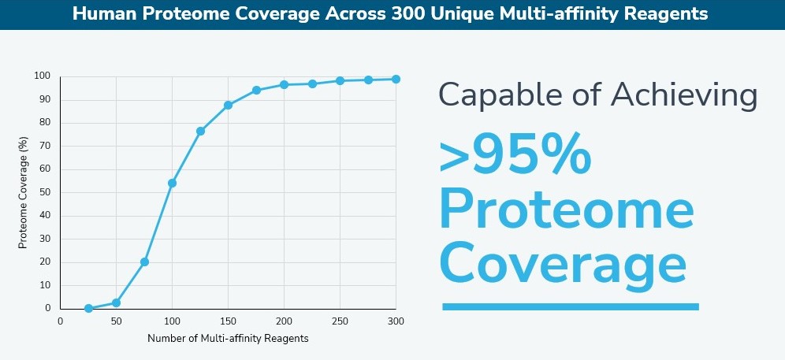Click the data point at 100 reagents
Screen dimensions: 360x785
click(x=172, y=183)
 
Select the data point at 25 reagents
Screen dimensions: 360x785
click(x=88, y=308)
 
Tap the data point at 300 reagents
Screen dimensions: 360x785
click(x=396, y=79)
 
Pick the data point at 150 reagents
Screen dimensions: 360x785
click(x=228, y=105)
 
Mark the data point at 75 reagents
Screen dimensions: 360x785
click(x=144, y=262)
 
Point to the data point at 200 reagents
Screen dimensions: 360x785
click(x=284, y=84)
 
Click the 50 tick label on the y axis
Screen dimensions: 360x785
click(x=46, y=192)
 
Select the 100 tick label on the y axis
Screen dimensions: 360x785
click(x=43, y=76)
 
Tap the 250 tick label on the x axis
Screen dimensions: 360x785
click(x=340, y=321)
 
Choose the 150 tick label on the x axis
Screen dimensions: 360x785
click(x=228, y=321)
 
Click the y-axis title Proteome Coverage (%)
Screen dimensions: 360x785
click(x=24, y=192)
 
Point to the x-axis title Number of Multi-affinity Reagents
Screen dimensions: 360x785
click(x=228, y=339)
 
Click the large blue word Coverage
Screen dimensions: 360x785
click(x=562, y=265)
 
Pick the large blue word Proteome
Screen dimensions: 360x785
click(x=566, y=211)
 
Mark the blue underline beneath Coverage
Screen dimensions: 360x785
click(x=571, y=306)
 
